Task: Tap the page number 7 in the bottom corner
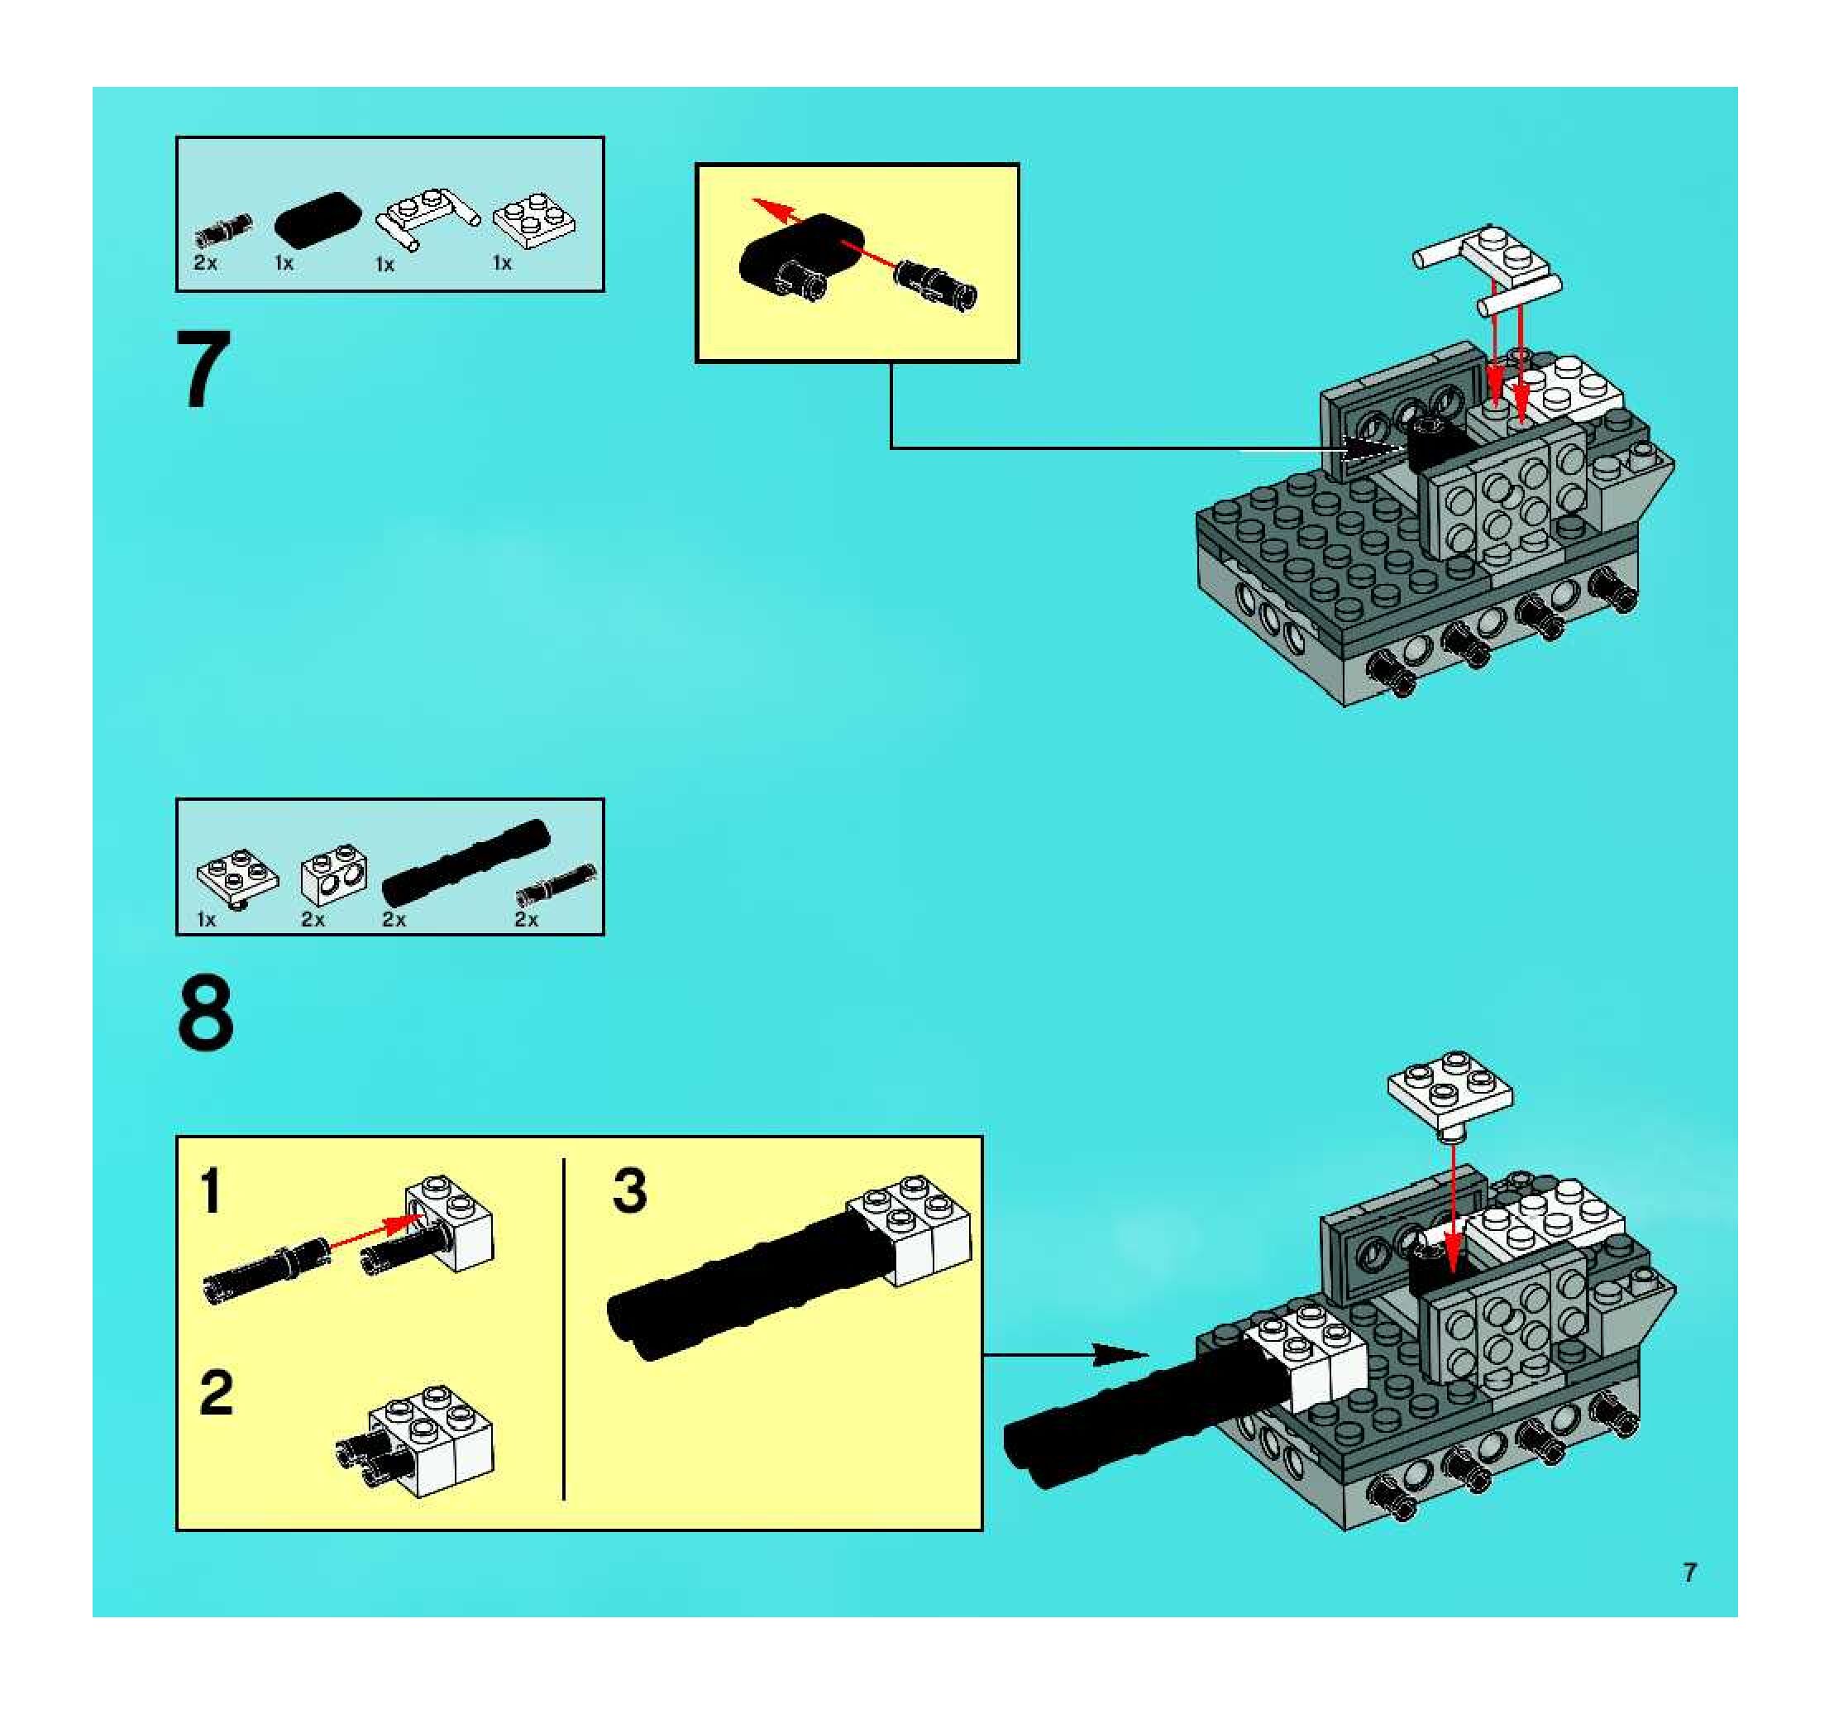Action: [1689, 1573]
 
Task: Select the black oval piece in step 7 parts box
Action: [319, 219]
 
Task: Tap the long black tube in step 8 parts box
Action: [465, 861]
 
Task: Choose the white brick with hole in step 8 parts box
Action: [333, 873]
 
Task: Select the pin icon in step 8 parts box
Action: [556, 883]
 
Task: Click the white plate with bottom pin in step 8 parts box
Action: [237, 878]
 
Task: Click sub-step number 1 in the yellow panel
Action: [211, 1191]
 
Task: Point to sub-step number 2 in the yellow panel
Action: [216, 1392]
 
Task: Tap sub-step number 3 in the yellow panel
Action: [630, 1190]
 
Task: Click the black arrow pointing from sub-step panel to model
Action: [1066, 1354]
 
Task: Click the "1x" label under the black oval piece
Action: [284, 263]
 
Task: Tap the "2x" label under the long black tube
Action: [394, 919]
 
